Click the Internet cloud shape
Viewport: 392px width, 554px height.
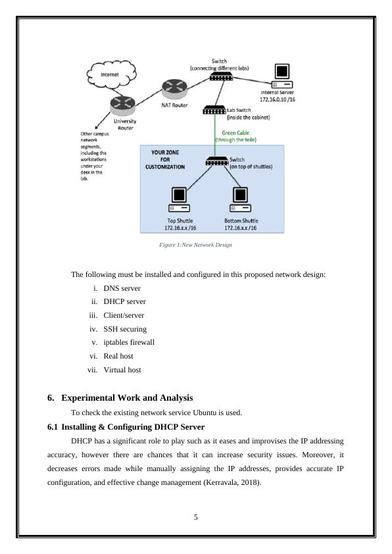point(112,74)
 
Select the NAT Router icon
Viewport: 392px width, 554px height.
point(174,89)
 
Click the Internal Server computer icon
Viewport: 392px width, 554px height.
point(282,76)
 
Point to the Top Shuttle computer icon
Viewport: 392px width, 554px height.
point(179,199)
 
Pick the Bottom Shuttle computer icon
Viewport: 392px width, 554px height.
point(241,199)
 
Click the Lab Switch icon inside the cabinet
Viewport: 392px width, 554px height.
point(214,110)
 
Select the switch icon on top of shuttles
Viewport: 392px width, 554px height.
point(217,161)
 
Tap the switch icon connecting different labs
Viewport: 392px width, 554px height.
point(221,76)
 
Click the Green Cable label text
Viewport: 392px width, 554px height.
point(235,133)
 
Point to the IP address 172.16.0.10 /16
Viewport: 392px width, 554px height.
point(277,99)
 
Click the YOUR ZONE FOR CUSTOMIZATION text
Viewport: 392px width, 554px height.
point(165,160)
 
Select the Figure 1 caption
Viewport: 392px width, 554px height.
point(195,245)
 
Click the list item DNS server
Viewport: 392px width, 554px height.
point(122,288)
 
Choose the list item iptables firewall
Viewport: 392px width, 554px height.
point(129,342)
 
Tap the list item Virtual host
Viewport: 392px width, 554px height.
point(122,370)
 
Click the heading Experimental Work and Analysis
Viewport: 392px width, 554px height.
point(127,398)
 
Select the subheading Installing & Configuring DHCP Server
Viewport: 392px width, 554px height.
point(133,427)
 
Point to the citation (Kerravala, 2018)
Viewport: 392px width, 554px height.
point(232,483)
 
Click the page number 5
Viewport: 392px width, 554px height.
point(195,517)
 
